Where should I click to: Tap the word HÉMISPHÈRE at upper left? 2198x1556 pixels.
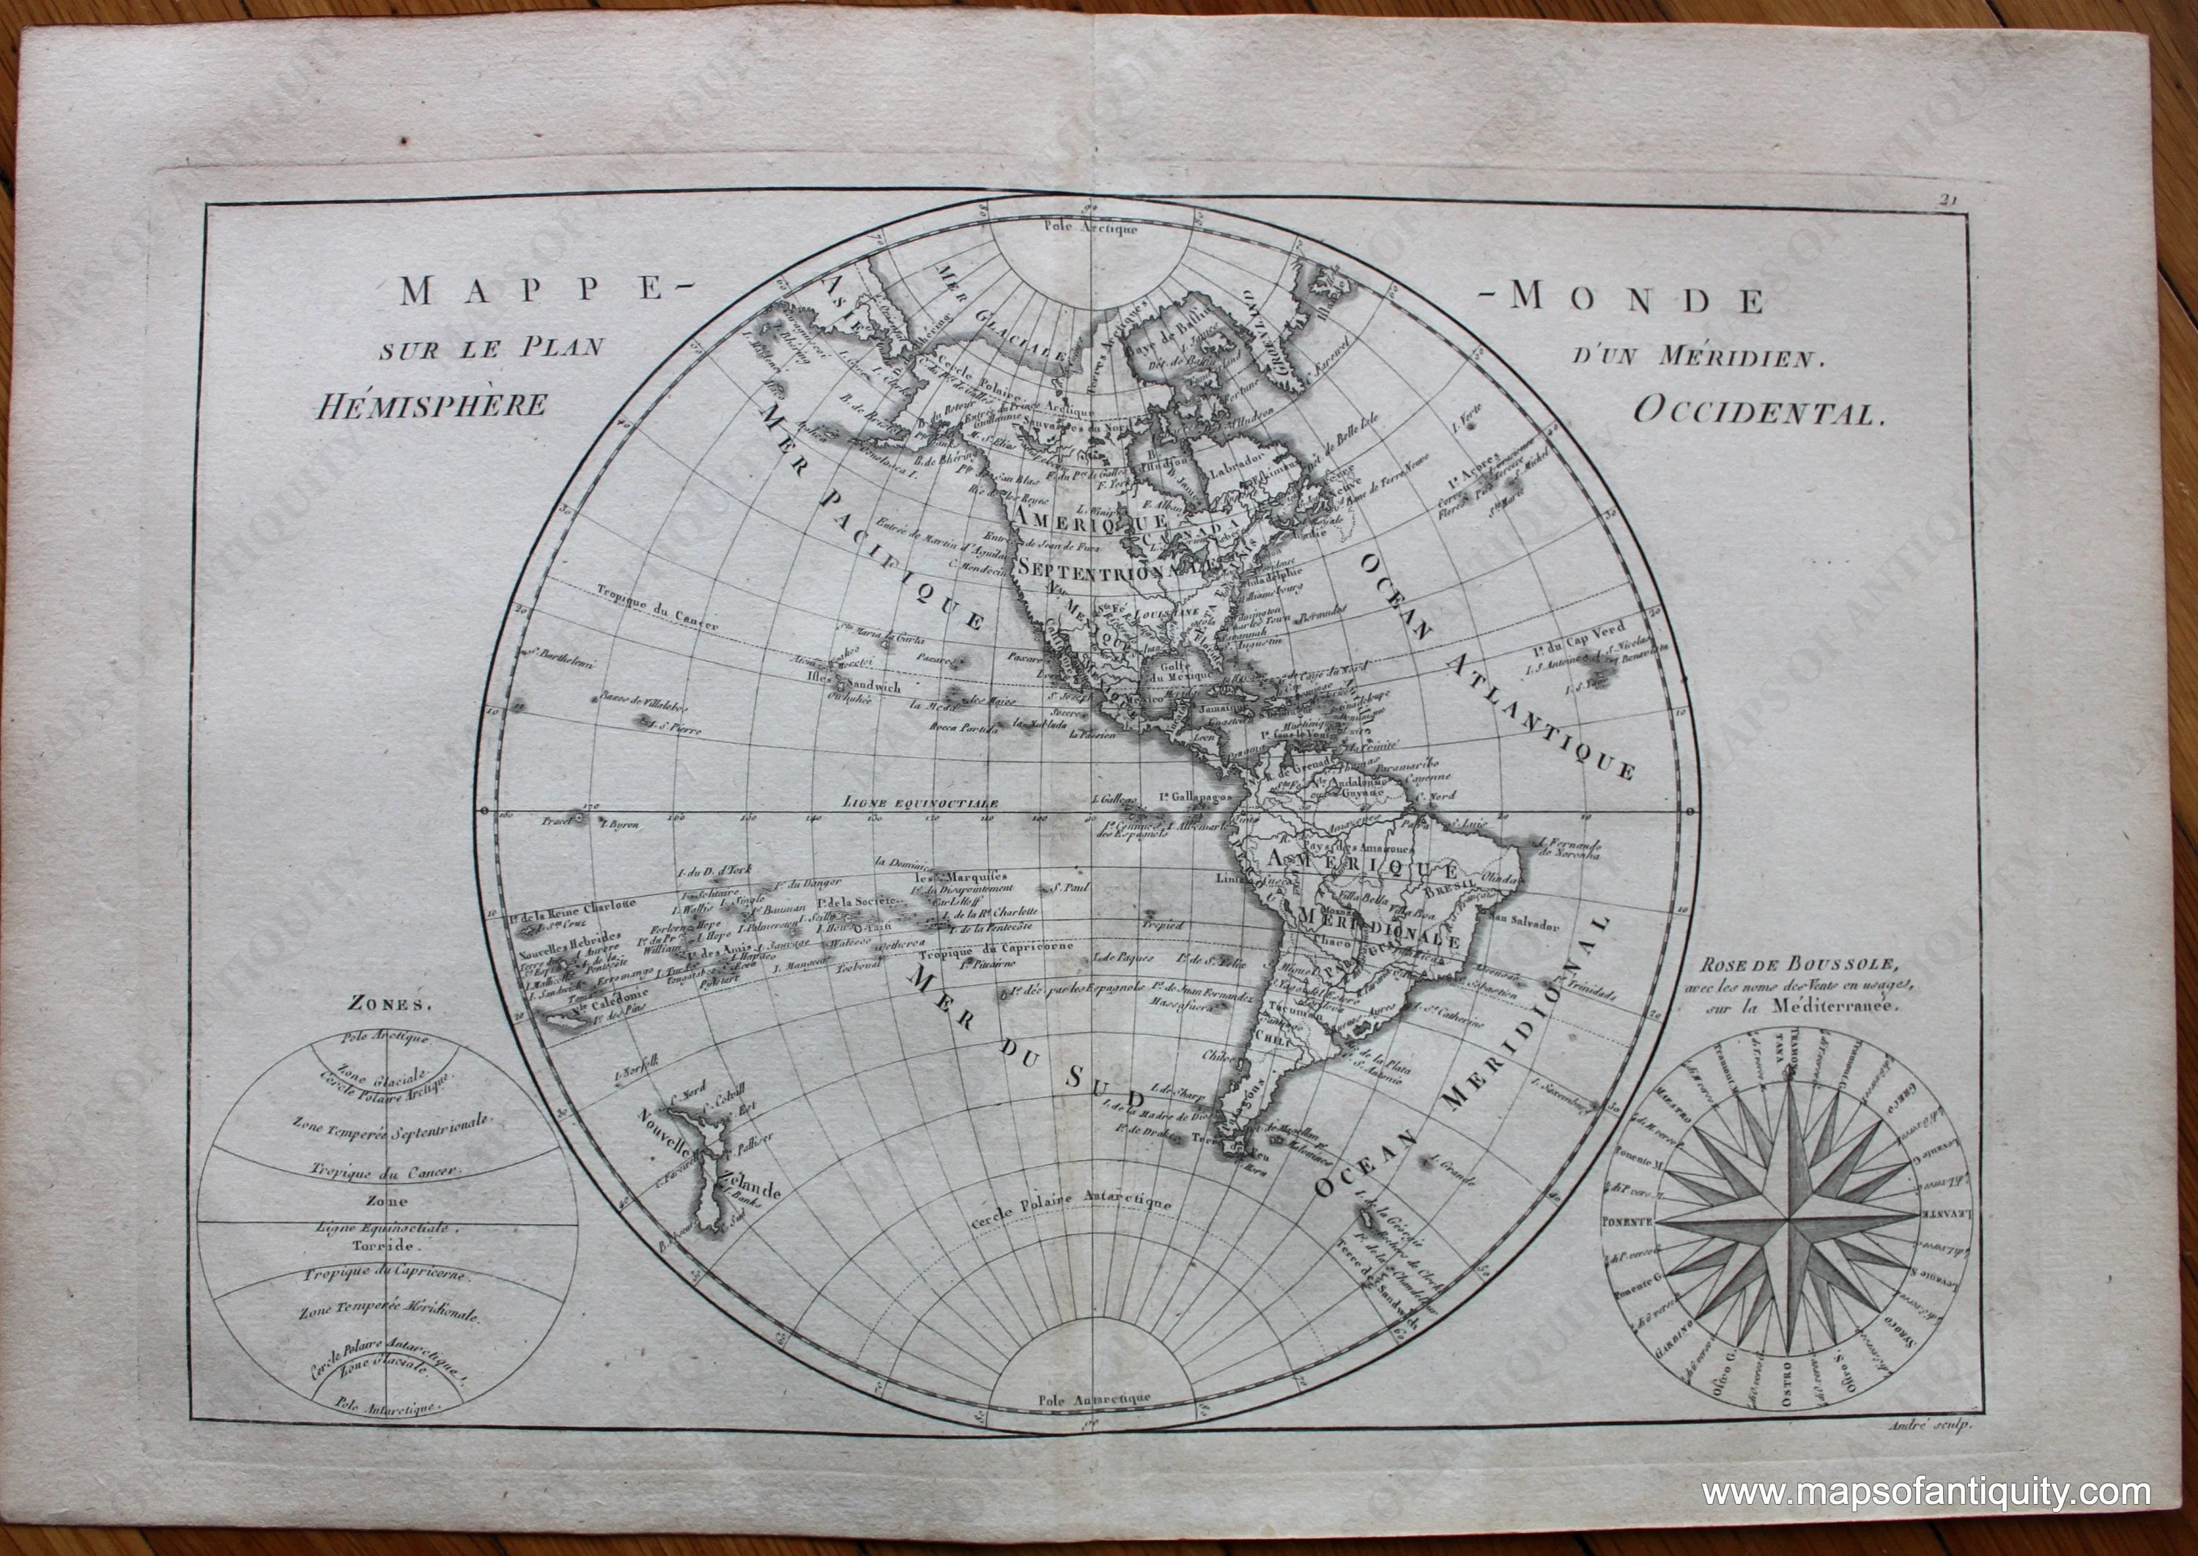[433, 405]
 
